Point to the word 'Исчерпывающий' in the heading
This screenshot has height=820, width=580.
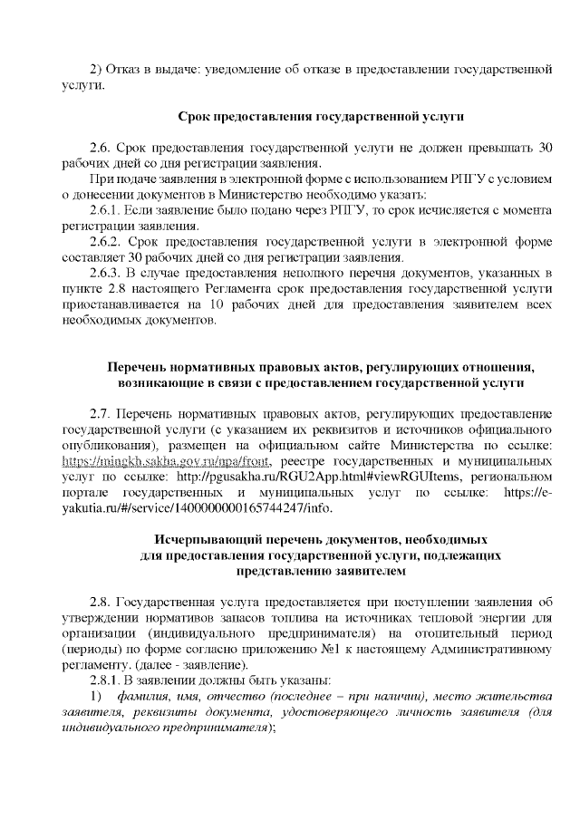(x=201, y=538)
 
